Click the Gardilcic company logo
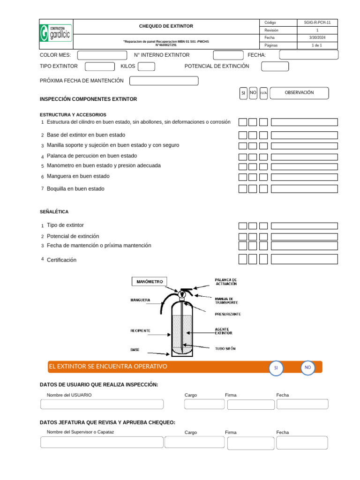pyautogui.click(x=56, y=34)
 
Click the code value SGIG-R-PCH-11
pyautogui.click(x=317, y=22)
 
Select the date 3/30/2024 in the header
pyautogui.click(x=317, y=37)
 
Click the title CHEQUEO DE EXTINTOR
pyautogui.click(x=166, y=26)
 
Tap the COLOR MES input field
pyautogui.click(x=102, y=55)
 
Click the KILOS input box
pyautogui.click(x=146, y=67)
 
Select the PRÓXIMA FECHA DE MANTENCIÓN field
pyautogui.click(x=164, y=81)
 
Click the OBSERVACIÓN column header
pyautogui.click(x=300, y=93)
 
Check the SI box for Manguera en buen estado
pyautogui.click(x=243, y=177)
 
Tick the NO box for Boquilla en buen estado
pyautogui.click(x=253, y=189)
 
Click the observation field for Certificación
pyautogui.click(x=304, y=259)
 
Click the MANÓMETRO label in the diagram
pyautogui.click(x=150, y=282)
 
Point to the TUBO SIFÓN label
pyautogui.click(x=225, y=349)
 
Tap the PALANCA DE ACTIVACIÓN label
pyautogui.click(x=226, y=282)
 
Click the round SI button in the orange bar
pyautogui.click(x=276, y=368)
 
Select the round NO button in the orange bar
pyautogui.click(x=307, y=367)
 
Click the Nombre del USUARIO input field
pyautogui.click(x=102, y=404)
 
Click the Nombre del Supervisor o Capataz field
pyautogui.click(x=102, y=442)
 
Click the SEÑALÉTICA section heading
pyautogui.click(x=54, y=212)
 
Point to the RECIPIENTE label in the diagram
pyautogui.click(x=140, y=330)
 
